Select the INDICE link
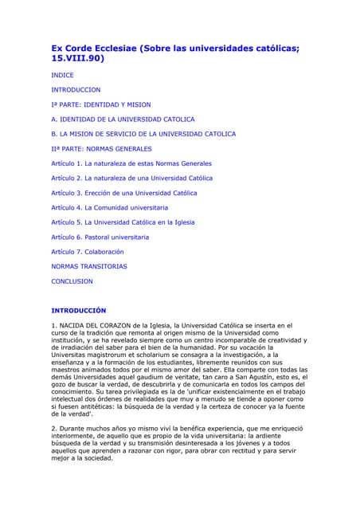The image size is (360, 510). coord(62,75)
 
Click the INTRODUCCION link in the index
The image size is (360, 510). coord(76,90)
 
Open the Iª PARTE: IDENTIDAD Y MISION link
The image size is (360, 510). coord(100,104)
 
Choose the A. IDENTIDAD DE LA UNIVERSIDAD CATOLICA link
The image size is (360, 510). coord(123,120)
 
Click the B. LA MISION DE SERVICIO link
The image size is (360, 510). coord(143,134)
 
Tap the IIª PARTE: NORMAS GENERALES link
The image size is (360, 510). coord(101,148)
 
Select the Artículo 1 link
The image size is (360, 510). coord(131,163)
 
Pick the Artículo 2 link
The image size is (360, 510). coord(131,178)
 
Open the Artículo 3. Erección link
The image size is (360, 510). coord(124,193)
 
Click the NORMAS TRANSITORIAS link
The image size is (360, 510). coord(88,266)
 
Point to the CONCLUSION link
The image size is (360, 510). coord(72,281)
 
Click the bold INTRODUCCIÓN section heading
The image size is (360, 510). coord(78,310)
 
